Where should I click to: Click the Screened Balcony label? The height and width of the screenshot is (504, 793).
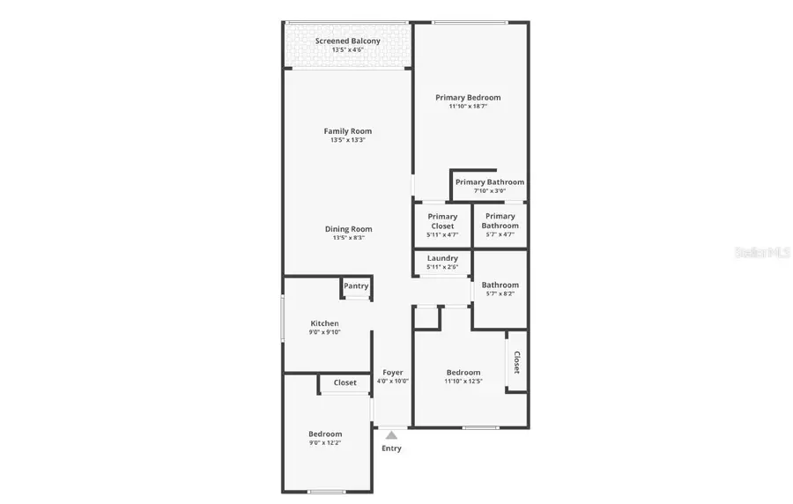point(348,41)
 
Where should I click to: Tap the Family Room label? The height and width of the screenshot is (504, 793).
point(348,131)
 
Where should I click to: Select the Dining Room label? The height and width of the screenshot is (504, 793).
point(348,229)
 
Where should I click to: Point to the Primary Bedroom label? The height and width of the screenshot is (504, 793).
point(468,98)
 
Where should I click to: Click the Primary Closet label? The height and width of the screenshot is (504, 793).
point(442,221)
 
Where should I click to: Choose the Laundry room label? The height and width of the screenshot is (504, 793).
point(442,258)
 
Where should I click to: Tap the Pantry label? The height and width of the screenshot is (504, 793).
point(356,286)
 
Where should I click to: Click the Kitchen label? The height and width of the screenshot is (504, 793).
point(324,323)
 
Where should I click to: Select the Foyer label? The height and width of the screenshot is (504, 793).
point(392,373)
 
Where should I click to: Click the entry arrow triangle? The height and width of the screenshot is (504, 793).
point(392,434)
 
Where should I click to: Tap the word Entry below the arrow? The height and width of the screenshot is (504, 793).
point(391,448)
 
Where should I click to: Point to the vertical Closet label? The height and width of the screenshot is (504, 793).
point(517,362)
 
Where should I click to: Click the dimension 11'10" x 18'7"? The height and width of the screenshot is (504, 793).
point(468,107)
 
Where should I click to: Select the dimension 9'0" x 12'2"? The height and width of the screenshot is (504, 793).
point(325,442)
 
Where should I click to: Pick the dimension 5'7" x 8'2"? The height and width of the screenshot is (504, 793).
point(500,293)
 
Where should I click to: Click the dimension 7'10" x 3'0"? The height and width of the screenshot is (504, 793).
point(489,191)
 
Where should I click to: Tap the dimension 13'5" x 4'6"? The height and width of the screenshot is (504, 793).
point(348,50)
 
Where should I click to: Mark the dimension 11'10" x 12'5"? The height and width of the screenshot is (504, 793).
point(463,382)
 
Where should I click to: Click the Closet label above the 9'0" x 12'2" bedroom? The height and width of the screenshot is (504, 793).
point(345,382)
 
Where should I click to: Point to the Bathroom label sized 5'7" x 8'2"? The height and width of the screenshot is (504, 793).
point(500,285)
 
